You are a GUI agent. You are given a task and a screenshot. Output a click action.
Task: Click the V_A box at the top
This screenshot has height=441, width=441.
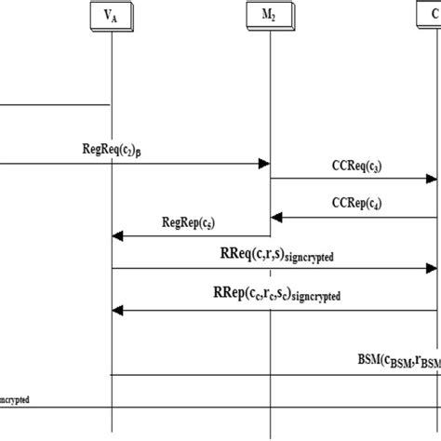(111, 16)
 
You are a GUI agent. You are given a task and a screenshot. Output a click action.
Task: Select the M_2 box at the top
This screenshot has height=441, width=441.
(269, 16)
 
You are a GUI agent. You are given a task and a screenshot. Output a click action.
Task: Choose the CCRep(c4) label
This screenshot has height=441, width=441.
(354, 203)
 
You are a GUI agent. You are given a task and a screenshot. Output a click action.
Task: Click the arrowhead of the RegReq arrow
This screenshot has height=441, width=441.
(263, 165)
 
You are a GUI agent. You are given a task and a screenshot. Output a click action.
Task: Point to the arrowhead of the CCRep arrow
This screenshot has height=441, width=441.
(275, 218)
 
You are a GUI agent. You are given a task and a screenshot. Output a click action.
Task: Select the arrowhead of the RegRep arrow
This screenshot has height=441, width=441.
(117, 236)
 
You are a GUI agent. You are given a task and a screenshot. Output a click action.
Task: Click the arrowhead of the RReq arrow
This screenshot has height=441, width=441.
(431, 270)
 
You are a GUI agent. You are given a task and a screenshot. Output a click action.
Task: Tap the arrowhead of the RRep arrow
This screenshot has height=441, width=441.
(117, 311)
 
